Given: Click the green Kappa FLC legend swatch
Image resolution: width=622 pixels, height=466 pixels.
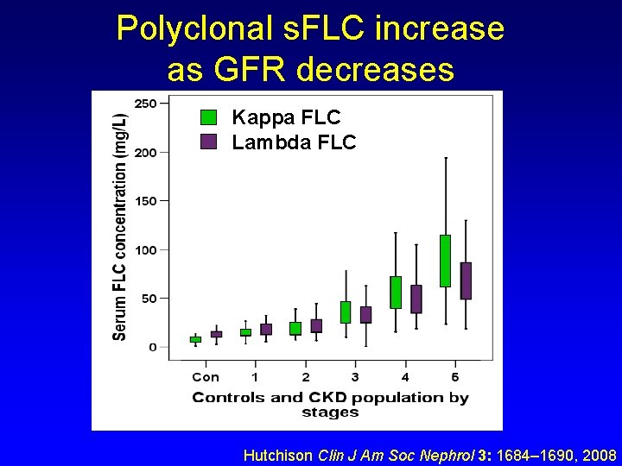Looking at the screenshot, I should tap(208, 117).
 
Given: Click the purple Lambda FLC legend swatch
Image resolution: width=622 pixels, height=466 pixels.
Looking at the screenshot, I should tap(208, 142).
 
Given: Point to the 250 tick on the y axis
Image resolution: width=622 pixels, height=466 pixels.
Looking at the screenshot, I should tap(146, 104).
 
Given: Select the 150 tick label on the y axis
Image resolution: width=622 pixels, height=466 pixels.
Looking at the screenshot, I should tap(146, 201).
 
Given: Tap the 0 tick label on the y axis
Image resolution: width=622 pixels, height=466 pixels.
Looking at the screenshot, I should tap(153, 347).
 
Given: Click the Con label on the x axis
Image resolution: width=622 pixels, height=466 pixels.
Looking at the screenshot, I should tap(206, 377).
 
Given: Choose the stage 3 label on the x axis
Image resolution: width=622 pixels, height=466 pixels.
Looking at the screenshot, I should tap(355, 377).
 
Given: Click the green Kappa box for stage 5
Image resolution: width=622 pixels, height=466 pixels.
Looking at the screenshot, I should tap(445, 261).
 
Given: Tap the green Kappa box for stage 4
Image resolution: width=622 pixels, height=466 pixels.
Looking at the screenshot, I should tap(396, 292).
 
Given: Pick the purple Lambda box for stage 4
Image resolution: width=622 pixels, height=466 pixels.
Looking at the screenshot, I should tap(416, 299).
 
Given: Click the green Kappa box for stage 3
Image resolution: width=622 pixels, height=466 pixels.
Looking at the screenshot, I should tap(346, 312).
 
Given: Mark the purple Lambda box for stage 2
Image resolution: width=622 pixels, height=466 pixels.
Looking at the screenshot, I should tap(316, 325).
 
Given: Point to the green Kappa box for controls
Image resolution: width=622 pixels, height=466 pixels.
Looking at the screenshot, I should tap(195, 339).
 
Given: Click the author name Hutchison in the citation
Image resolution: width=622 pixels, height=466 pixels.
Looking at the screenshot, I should tap(279, 455).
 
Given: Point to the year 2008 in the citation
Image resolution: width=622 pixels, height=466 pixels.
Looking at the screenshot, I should tap(598, 455).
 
